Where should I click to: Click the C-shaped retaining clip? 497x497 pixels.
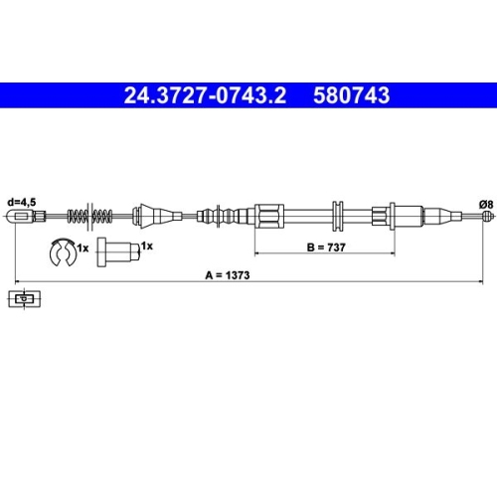coord(61,253)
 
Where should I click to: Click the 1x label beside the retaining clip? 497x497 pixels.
coord(83,246)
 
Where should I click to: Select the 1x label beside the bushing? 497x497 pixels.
coord(146,244)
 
